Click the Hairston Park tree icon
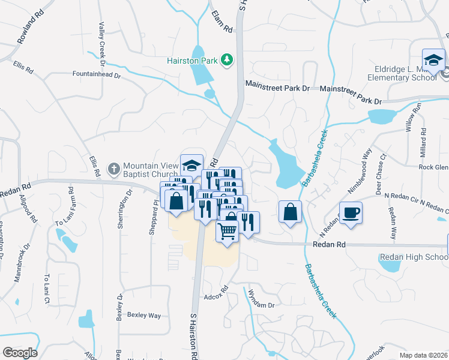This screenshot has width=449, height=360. click(227, 59)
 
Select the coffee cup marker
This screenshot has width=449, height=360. click(351, 212)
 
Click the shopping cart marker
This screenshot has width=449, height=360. click(227, 230)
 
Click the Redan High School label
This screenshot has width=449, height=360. click(414, 257)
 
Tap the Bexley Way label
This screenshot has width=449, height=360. click(144, 315)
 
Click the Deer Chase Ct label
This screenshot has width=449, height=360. click(381, 175)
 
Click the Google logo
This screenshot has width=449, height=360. click(20, 352)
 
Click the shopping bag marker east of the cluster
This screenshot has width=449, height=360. click(290, 212)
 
